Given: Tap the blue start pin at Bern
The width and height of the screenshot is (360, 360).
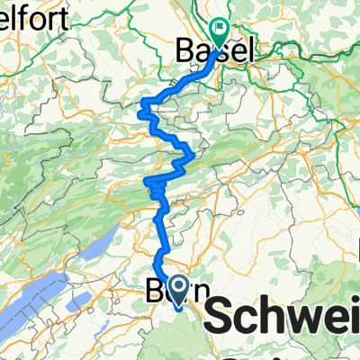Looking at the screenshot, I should coord(178,290).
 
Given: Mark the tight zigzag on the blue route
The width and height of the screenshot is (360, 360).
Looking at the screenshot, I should coord(155,186).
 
